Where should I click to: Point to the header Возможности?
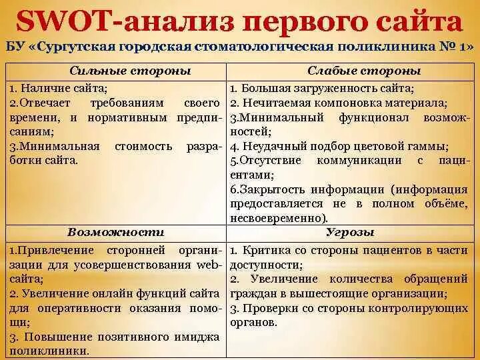116,232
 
